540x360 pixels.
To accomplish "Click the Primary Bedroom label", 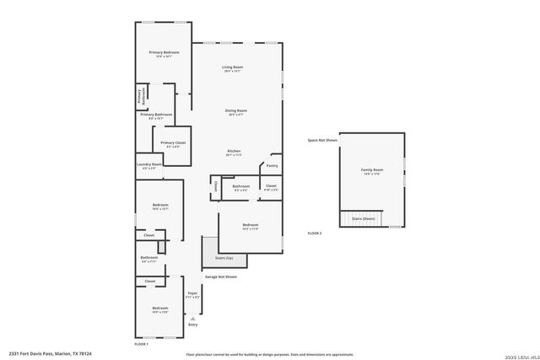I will click(x=165, y=53).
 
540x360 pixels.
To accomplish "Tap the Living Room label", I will click(x=233, y=67).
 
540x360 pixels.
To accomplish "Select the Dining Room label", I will click(x=235, y=110).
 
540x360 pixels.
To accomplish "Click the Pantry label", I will click(x=272, y=165).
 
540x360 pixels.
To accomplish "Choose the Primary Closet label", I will click(x=173, y=142).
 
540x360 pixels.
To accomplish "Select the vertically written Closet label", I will click(x=215, y=186).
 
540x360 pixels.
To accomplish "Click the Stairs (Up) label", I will click(x=224, y=259).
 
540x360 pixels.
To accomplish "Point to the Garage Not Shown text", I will click(x=221, y=277).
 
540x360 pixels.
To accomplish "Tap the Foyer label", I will click(x=192, y=293).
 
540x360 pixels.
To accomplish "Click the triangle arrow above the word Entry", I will click(x=192, y=318).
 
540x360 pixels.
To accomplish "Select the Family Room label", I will click(x=372, y=170).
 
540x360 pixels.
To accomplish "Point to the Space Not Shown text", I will click(x=322, y=140).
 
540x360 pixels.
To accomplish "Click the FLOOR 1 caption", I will click(x=141, y=344).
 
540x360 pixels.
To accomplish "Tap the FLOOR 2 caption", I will click(x=315, y=233).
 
